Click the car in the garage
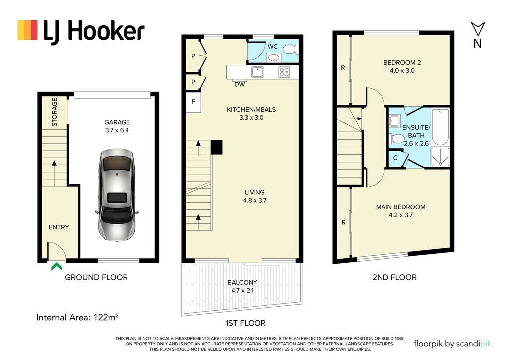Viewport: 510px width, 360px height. pos(117,195)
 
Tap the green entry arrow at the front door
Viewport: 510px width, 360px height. pos(57,267)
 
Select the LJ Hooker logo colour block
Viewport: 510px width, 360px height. pos(28,30)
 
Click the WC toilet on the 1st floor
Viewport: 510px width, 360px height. pos(289,49)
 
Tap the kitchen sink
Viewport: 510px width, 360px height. pos(257,72)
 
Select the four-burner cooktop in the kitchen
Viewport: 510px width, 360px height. pos(284,72)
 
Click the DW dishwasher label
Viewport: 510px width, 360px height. pos(240,84)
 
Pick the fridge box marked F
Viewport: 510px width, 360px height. pos(193,102)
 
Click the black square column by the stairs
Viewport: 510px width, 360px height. pos(217,147)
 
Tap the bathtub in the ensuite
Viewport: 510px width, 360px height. pos(440,127)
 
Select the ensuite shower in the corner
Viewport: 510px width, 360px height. pos(440,158)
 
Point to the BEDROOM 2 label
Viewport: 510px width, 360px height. pos(402,62)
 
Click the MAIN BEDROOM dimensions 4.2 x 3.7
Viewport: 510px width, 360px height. pos(401,215)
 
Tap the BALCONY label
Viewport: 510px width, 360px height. pos(243,283)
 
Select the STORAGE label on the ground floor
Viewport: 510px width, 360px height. pos(55,112)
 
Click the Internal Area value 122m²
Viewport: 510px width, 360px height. pos(106,317)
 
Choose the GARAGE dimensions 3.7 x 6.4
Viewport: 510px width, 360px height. pos(117,130)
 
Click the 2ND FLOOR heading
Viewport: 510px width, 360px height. pos(394,277)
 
